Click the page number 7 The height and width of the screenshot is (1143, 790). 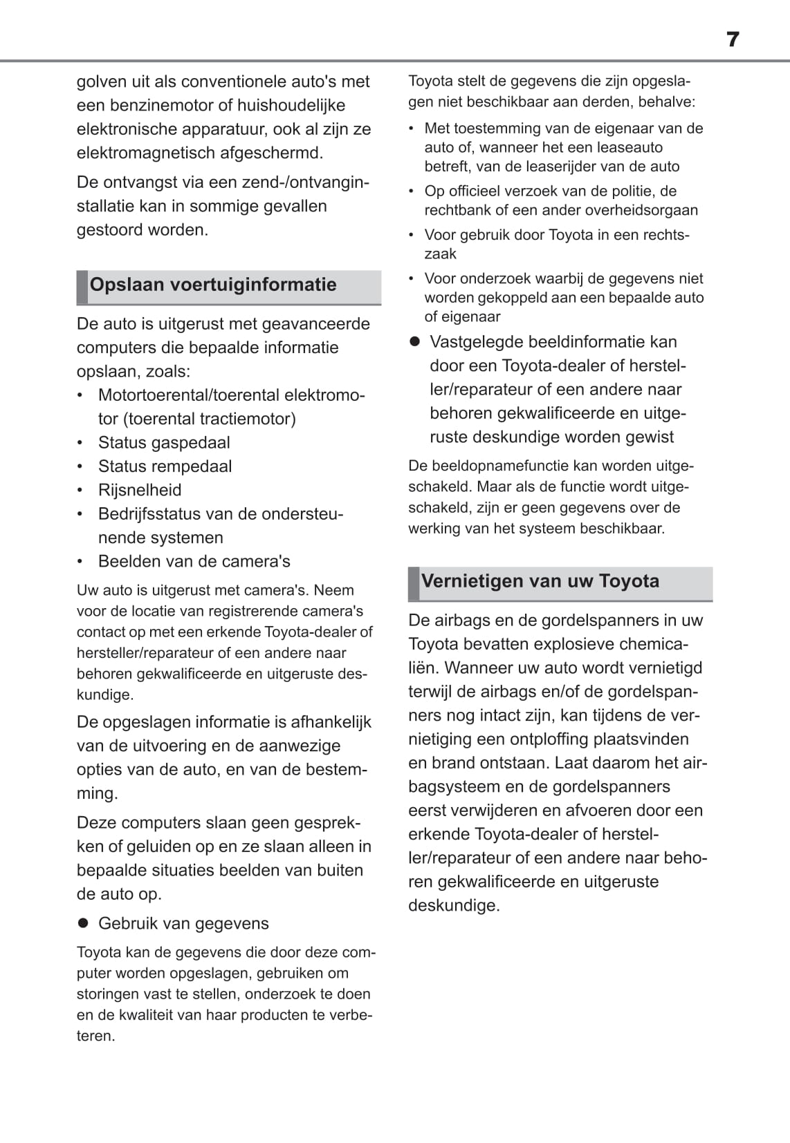(x=733, y=39)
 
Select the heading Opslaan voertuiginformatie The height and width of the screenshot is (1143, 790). (x=213, y=285)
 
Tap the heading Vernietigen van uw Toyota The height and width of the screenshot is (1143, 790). (x=540, y=581)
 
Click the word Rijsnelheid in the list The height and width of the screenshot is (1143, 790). (x=140, y=490)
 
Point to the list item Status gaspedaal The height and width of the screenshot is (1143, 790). (x=164, y=443)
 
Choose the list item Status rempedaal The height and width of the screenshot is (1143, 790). (x=165, y=466)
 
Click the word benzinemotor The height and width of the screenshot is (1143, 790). (x=161, y=106)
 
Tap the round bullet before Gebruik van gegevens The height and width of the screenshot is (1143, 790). (x=84, y=923)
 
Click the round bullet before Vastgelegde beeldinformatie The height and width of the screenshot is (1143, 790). (x=415, y=342)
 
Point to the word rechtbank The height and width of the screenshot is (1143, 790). (x=457, y=210)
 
